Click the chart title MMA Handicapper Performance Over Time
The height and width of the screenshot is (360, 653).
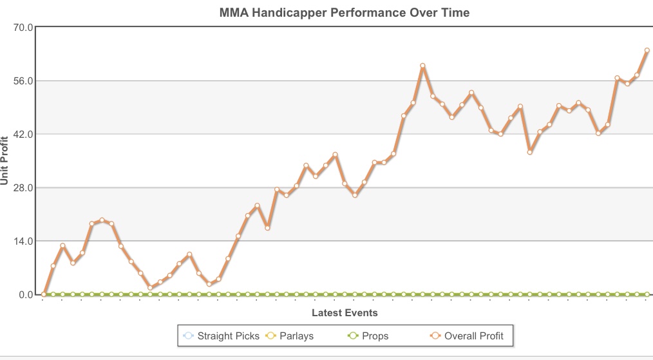(x=345, y=12)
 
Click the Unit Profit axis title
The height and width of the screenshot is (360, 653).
(x=6, y=160)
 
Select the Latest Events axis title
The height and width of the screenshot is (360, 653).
(x=345, y=313)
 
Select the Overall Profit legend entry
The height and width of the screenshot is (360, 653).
(x=473, y=336)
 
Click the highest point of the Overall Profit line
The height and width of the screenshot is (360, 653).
(x=423, y=66)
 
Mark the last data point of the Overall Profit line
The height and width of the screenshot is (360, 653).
(x=647, y=50)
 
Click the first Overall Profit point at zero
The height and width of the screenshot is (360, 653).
(x=43, y=294)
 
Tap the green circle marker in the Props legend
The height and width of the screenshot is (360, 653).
(x=352, y=336)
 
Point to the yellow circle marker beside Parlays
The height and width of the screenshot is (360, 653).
(x=270, y=336)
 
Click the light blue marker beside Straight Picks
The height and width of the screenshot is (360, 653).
(x=188, y=336)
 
